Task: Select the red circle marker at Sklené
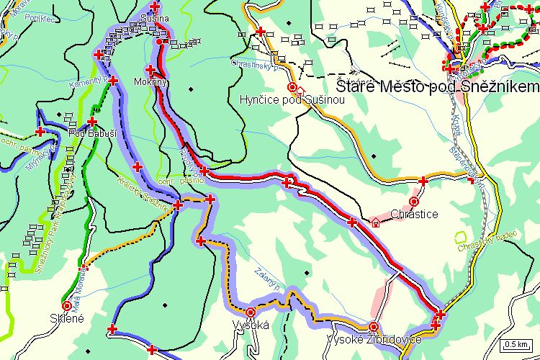click(67, 305)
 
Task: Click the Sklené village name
click(67, 318)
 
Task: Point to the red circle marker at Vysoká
click(250, 312)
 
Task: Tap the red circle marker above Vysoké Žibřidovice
click(372, 326)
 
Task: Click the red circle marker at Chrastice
click(414, 202)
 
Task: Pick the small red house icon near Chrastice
click(375, 222)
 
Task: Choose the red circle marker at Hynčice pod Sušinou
click(292, 88)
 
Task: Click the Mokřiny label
click(150, 82)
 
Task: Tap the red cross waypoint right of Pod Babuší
click(92, 122)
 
